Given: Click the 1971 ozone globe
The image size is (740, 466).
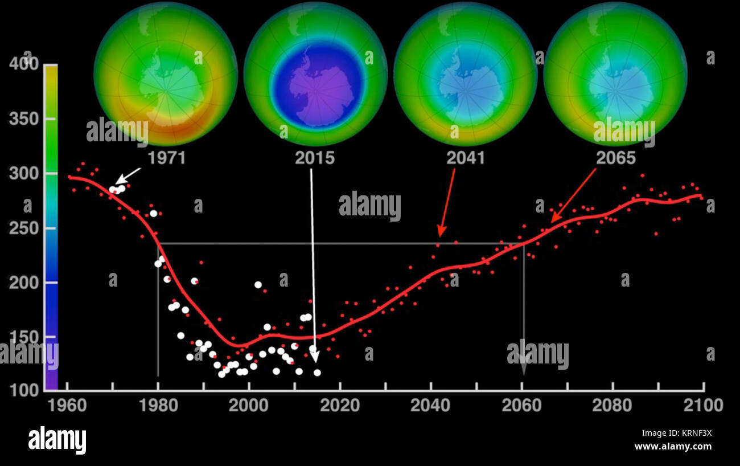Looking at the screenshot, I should click(x=165, y=74).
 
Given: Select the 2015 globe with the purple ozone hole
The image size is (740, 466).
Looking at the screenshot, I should click(x=315, y=74).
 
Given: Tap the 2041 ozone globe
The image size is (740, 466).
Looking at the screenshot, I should click(x=465, y=74).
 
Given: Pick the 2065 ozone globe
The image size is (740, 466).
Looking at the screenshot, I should click(x=615, y=74).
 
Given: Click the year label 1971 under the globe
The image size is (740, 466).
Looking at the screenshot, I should click(x=166, y=158).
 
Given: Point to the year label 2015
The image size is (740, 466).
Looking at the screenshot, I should click(x=314, y=158).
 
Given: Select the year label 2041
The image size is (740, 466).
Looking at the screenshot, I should click(x=465, y=158).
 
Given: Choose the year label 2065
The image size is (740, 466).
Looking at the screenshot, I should click(x=615, y=158).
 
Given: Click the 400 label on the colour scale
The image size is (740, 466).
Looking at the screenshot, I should click(x=24, y=64).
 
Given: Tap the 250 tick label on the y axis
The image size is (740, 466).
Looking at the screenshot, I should click(x=24, y=228).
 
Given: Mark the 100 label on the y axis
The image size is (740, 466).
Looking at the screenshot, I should click(x=24, y=391).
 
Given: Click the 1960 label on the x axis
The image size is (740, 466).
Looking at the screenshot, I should click(x=68, y=406).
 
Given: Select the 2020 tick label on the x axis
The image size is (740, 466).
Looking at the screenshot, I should click(x=340, y=406).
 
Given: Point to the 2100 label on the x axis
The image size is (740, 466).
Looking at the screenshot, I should click(x=704, y=406).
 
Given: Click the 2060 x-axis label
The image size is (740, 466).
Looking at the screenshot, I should click(x=522, y=406).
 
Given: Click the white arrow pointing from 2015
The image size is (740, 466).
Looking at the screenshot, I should click(x=313, y=262).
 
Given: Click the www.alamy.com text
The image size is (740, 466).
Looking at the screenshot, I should click(x=673, y=447).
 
